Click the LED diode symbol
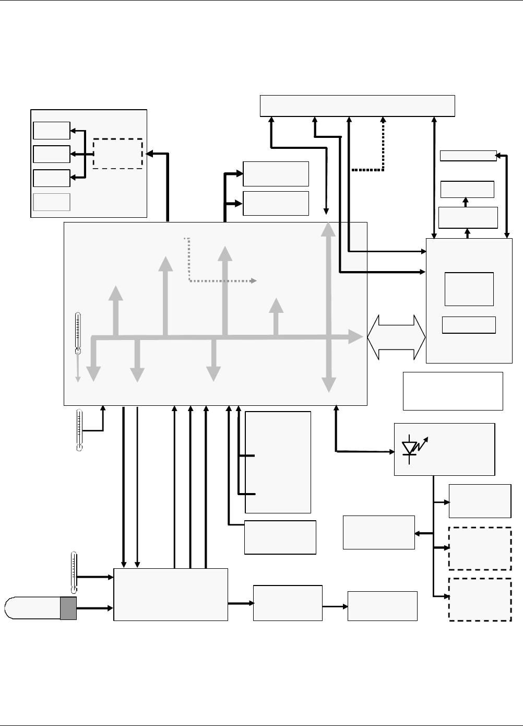point(411,448)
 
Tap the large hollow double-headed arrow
point(396,337)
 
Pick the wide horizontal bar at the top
point(358,106)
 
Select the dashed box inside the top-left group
point(117,154)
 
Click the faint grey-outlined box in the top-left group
point(51,202)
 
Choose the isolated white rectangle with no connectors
point(453,391)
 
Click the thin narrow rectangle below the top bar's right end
point(468,156)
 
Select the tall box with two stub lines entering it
point(278,462)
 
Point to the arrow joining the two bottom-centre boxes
point(335,606)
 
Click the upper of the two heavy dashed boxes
point(480,548)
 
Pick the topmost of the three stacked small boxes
point(51,131)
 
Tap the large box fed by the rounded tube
point(171,594)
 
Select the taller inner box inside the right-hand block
point(469,289)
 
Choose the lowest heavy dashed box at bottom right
point(480,600)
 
